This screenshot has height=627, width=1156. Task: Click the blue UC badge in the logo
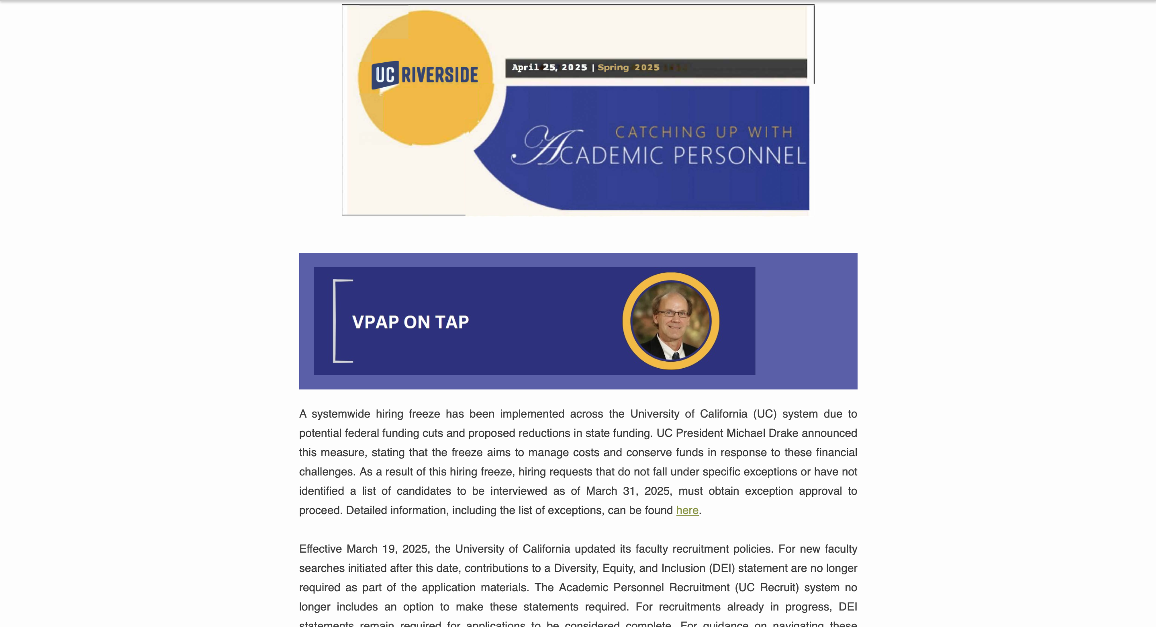[384, 75]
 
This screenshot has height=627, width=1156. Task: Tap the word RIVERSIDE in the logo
[440, 75]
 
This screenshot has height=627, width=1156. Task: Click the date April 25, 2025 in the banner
[549, 68]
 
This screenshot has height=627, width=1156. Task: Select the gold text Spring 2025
[628, 68]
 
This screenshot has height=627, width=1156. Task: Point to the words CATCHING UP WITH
[704, 132]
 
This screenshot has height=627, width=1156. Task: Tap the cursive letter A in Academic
[547, 146]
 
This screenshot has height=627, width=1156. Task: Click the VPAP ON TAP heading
[410, 322]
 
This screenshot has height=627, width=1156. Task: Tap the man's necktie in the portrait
[675, 356]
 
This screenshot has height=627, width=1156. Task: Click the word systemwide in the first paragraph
[341, 414]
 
